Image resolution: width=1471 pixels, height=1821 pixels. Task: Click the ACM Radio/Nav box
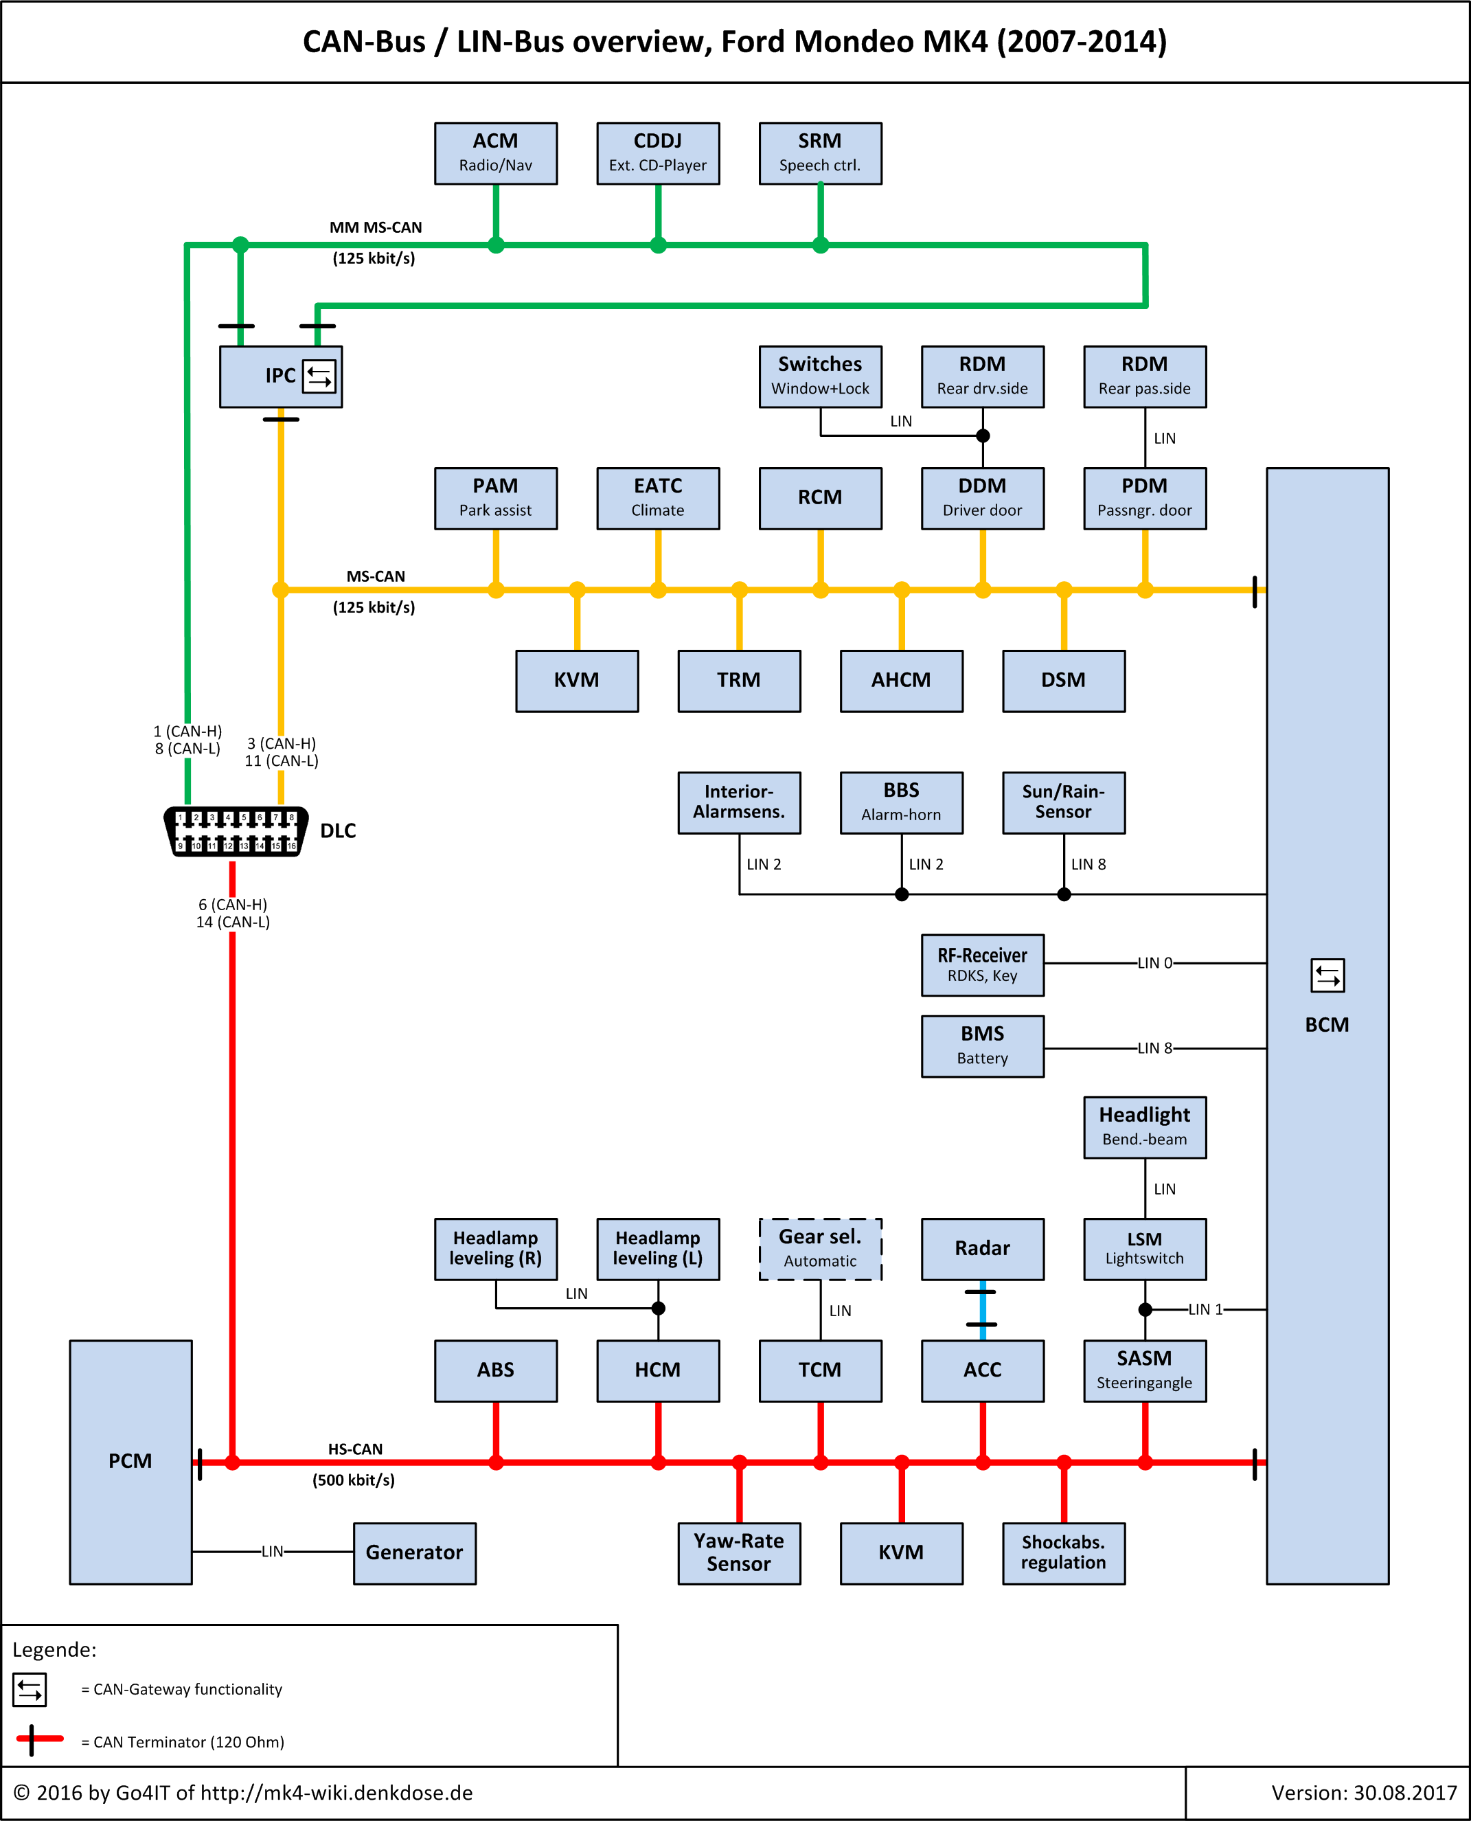tap(496, 153)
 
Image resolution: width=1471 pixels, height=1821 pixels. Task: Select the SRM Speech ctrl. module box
tap(820, 153)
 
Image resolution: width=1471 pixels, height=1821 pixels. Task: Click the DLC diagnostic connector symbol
tap(236, 831)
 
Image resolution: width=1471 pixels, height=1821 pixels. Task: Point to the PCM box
tap(130, 1462)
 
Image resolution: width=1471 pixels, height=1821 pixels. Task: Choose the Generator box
tap(414, 1552)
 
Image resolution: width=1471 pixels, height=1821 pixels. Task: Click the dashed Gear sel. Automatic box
tap(820, 1249)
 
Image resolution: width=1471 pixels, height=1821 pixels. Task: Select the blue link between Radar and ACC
tap(982, 1309)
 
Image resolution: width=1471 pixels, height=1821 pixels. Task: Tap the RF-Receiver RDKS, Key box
tap(982, 965)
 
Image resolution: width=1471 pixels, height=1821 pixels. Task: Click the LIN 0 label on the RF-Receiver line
tap(1155, 964)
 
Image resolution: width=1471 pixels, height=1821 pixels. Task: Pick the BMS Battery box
tap(982, 1045)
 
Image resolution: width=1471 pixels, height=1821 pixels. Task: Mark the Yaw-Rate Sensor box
tap(739, 1552)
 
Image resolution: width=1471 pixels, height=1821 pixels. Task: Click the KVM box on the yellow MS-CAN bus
tap(576, 681)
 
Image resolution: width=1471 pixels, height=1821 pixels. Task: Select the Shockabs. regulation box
tap(1064, 1552)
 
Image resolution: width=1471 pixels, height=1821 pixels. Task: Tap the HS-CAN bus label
tap(355, 1449)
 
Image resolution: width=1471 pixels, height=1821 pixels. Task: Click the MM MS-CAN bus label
tap(376, 228)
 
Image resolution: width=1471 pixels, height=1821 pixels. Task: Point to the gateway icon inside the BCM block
tap(1327, 975)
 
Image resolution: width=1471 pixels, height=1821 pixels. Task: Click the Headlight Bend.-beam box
tap(1145, 1127)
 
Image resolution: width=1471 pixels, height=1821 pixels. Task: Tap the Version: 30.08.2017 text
tap(1362, 1793)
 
